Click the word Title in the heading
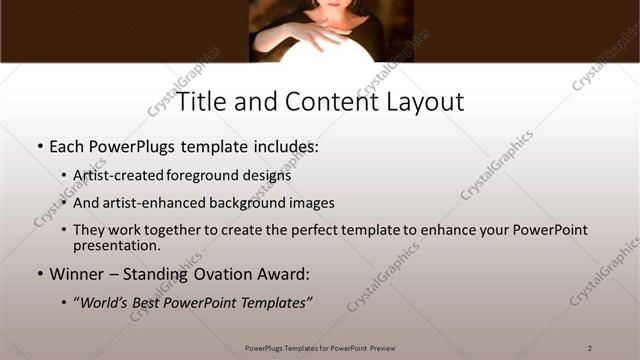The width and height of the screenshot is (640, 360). click(x=199, y=102)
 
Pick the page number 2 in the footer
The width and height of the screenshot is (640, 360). click(x=590, y=347)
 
